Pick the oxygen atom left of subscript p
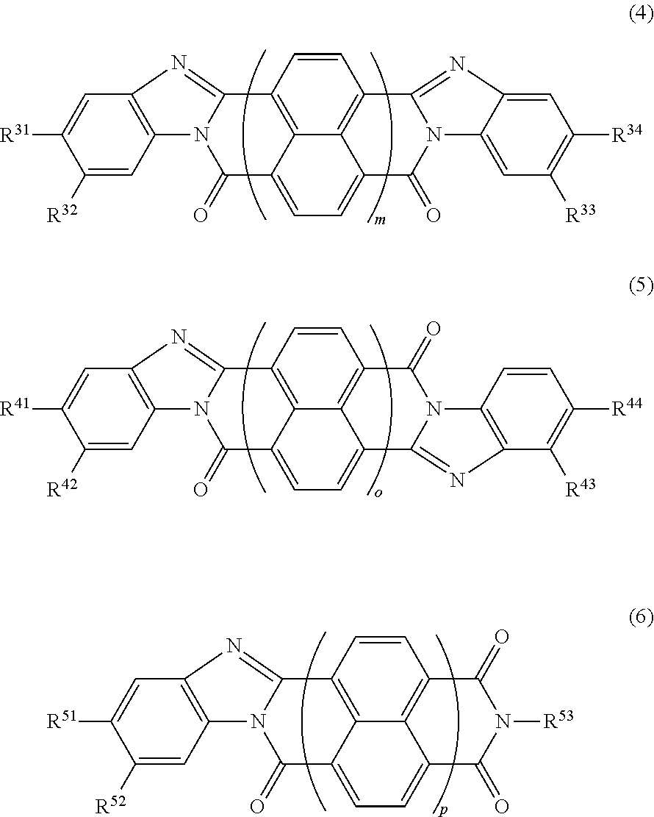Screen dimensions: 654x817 (257, 806)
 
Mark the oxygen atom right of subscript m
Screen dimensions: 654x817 (434, 215)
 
